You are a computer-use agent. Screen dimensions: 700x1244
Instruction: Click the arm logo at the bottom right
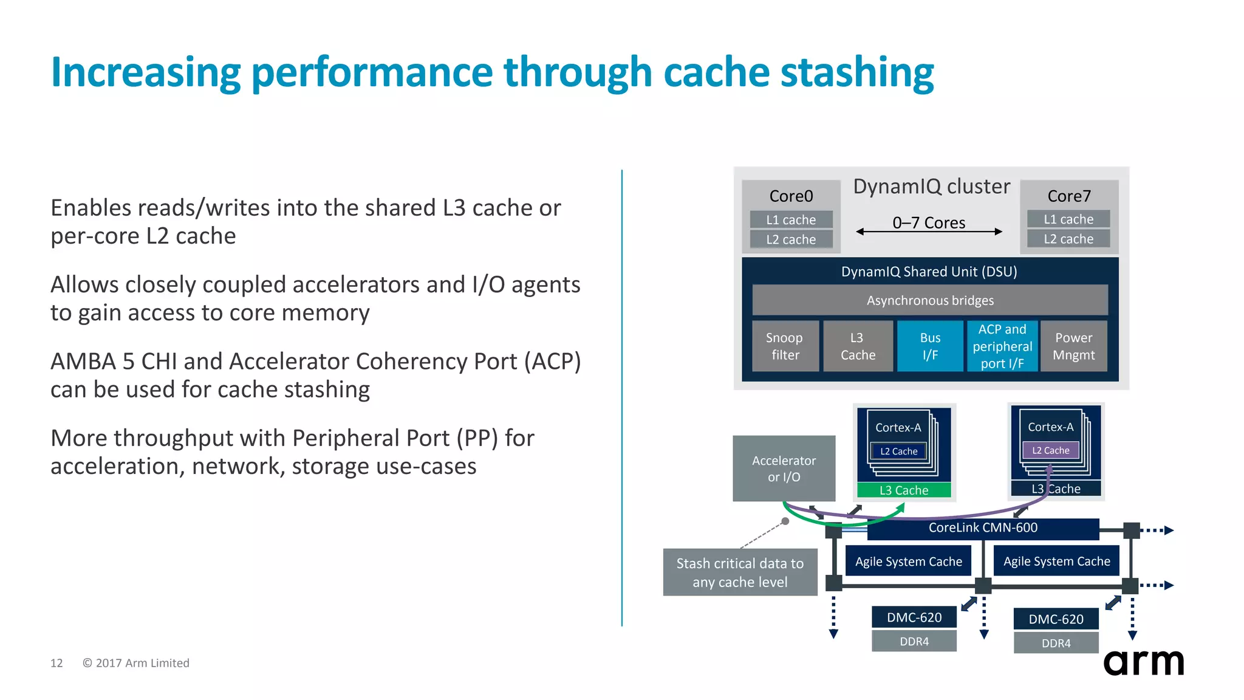pos(1143,662)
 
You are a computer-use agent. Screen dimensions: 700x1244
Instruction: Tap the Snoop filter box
pos(785,346)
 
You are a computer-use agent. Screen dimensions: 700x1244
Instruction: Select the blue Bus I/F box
pos(929,346)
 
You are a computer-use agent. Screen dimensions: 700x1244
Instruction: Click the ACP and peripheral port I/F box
pos(1002,346)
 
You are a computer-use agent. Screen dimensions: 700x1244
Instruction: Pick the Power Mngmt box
pos(1073,346)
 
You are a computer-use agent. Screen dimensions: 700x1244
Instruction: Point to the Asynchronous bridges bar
pos(929,300)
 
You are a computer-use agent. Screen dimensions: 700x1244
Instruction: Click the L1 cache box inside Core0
pos(790,219)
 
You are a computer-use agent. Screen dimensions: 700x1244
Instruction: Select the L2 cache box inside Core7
pos(1068,239)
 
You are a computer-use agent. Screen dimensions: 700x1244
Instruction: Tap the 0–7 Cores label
pos(928,223)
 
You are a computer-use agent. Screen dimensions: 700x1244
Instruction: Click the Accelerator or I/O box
pos(784,468)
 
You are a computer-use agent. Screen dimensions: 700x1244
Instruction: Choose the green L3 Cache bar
pos(903,490)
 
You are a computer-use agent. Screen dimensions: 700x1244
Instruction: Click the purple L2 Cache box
pos(1050,450)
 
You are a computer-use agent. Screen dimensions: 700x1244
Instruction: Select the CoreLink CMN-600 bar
pos(982,528)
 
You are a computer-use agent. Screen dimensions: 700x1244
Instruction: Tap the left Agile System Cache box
pos(908,561)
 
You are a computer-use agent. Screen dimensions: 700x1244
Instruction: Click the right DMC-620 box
pos(1056,619)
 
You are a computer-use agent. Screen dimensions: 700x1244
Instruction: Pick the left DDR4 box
pos(914,641)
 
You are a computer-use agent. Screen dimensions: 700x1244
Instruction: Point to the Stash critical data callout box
pos(739,572)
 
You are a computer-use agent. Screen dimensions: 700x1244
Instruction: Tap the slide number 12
pos(56,663)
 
